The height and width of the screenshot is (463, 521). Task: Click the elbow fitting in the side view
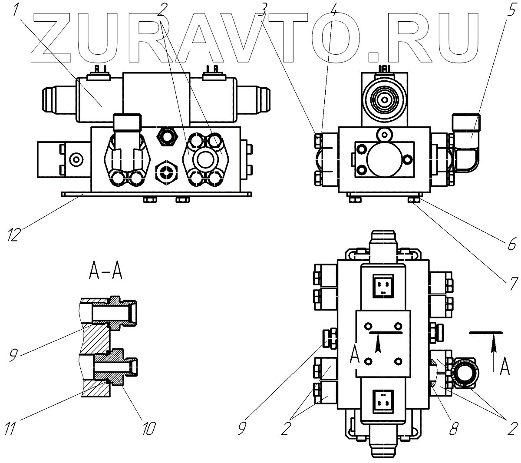pyautogui.click(x=465, y=138)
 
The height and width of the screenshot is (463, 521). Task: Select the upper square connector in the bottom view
pyautogui.click(x=383, y=285)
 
